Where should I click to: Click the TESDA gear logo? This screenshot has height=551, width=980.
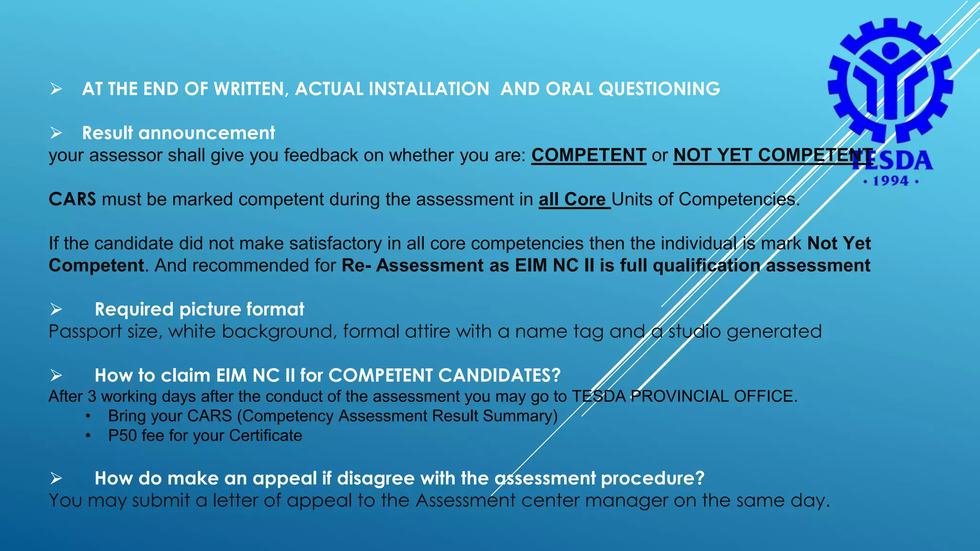point(890,81)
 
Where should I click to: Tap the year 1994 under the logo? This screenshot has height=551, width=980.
point(891,181)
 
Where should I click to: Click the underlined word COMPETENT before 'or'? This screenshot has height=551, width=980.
point(589,155)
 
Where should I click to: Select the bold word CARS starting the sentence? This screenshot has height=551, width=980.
point(72,199)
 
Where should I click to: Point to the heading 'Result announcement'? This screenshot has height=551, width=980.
point(178,133)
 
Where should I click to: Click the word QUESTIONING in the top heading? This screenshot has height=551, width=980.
point(659,89)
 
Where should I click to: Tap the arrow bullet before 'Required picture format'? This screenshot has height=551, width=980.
point(56,309)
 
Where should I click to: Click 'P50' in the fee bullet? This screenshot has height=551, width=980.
point(122,436)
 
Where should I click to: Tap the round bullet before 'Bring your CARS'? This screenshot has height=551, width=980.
point(88,416)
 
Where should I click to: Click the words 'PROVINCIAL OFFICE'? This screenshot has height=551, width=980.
point(713,397)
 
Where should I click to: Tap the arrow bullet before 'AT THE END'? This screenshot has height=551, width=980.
point(56,89)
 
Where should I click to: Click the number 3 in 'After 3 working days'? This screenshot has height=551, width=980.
point(92,397)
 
